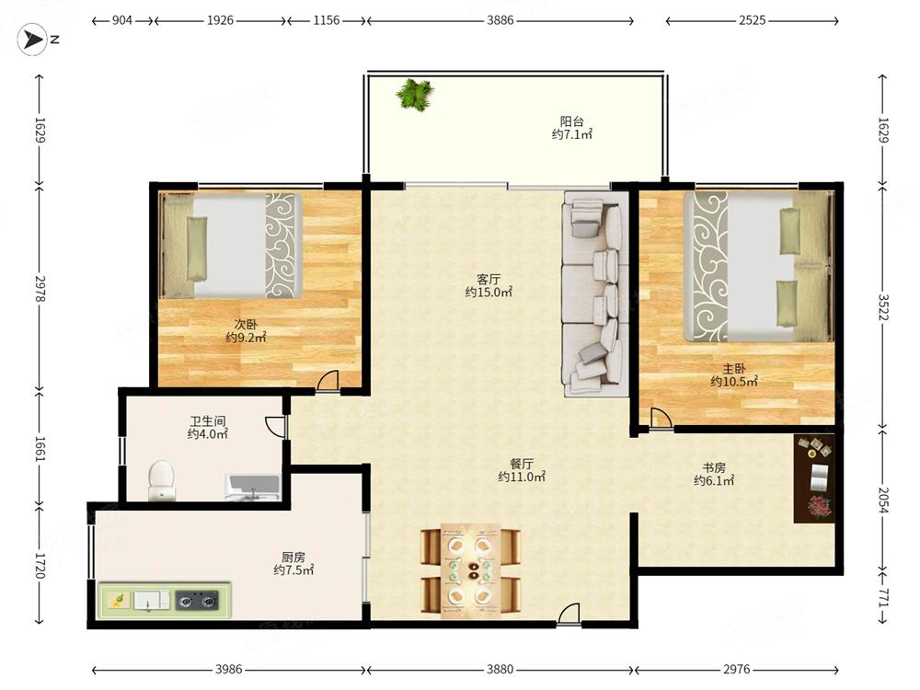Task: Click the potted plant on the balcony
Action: (415, 94)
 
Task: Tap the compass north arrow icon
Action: (32, 40)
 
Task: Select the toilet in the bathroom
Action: (162, 480)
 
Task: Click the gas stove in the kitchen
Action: (197, 601)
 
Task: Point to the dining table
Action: (470, 570)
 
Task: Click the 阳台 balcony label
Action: (571, 121)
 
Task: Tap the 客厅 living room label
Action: (489, 279)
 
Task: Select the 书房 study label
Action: (714, 467)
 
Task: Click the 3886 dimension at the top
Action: (500, 20)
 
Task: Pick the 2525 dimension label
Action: (753, 20)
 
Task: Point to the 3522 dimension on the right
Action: (883, 306)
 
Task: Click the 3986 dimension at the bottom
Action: (228, 669)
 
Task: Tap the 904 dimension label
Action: (122, 20)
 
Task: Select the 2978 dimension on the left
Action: (40, 289)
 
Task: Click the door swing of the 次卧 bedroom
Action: (328, 380)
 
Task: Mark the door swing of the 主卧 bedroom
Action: (661, 418)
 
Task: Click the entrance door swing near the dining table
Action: (569, 614)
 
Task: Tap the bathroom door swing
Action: (274, 427)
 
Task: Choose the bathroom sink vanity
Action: (252, 489)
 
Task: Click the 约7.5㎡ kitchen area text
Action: (293, 569)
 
